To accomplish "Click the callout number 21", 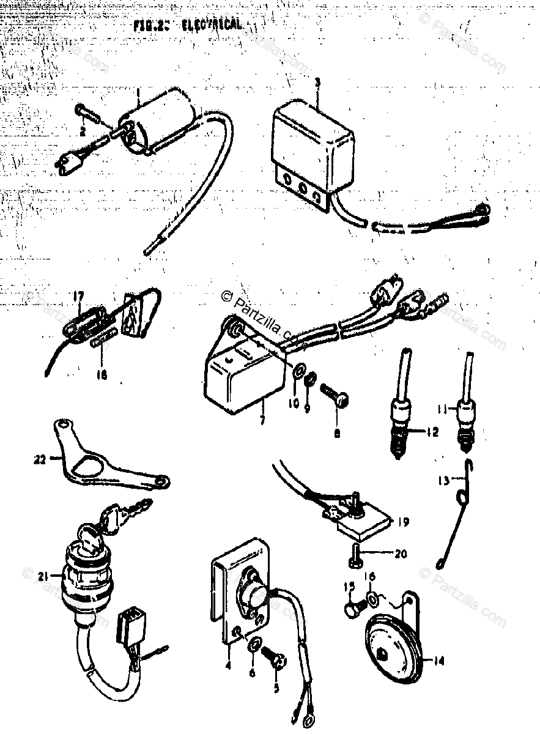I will [42, 575].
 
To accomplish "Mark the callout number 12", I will [433, 432].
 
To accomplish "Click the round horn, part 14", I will [391, 648].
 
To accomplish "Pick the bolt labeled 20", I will [358, 555].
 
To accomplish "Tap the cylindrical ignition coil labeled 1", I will [161, 121].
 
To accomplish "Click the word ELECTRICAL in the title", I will [212, 25].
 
